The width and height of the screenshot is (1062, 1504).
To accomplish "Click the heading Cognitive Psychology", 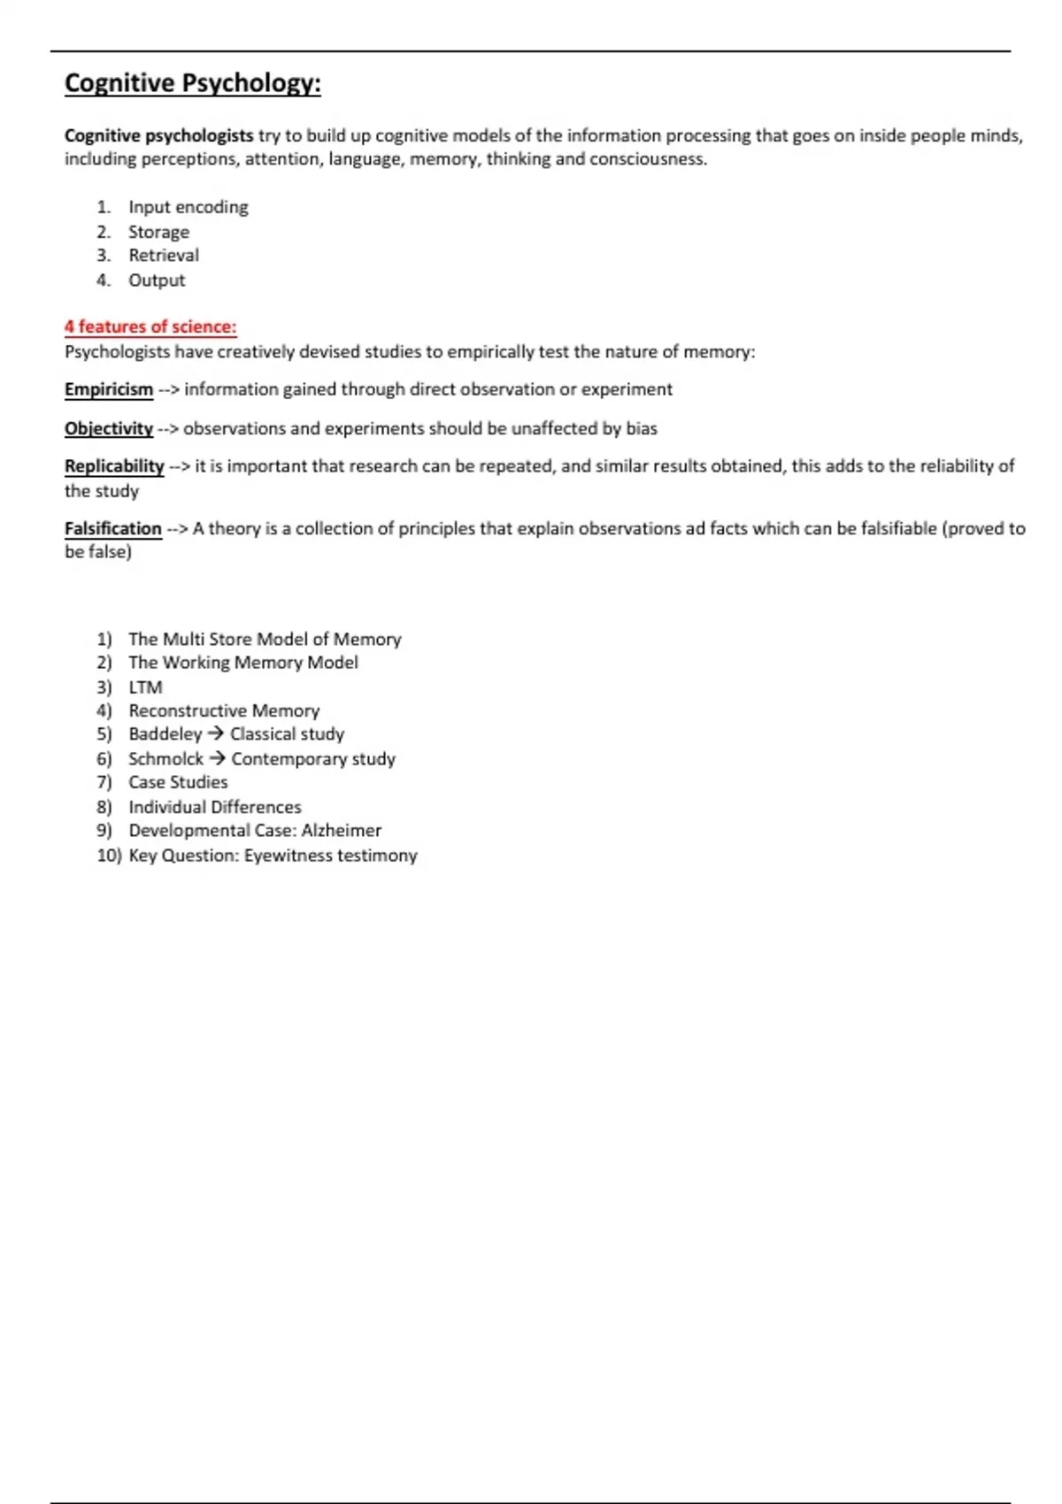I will tap(192, 83).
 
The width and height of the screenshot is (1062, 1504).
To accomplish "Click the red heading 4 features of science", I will tap(150, 326).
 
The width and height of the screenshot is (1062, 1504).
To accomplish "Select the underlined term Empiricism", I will tap(109, 389).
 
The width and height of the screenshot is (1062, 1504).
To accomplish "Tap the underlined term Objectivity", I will tap(109, 428).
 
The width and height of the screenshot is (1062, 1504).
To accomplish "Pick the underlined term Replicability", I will tap(114, 466).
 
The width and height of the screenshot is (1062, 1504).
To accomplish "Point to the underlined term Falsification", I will tap(113, 528).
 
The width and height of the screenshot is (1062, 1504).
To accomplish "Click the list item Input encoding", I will tap(188, 207).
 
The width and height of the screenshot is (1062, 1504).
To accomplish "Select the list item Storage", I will tap(158, 232).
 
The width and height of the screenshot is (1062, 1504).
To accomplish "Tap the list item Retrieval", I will tap(164, 256).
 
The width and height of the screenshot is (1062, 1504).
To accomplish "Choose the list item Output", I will tap(157, 280).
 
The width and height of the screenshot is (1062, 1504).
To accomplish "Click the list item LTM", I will tap(145, 687).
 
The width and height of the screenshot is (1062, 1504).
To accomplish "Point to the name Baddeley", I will tap(165, 734).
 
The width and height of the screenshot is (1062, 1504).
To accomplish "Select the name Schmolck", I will tap(165, 759).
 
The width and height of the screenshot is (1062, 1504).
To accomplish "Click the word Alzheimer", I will tap(341, 831).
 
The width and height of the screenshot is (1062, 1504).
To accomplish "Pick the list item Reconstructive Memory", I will tap(224, 710).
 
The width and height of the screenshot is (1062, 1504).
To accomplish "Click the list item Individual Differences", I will tap(215, 807).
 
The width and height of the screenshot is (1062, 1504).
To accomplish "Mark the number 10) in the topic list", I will tap(109, 856).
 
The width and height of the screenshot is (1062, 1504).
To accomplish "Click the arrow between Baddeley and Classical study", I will tap(216, 734).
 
